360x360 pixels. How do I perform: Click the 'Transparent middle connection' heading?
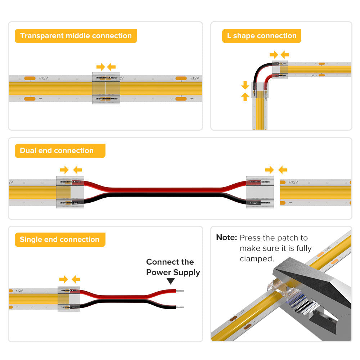(76, 36)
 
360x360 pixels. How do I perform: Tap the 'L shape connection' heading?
(262, 36)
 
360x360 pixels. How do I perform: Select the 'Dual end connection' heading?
(57, 150)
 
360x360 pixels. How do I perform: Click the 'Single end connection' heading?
(59, 240)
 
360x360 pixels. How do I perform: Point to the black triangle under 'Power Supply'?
(171, 281)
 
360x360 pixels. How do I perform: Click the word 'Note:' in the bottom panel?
(226, 238)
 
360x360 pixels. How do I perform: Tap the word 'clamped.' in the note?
(256, 259)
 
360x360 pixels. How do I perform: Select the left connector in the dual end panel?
(70, 192)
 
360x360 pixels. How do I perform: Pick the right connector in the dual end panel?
(260, 192)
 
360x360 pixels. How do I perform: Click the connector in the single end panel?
(69, 298)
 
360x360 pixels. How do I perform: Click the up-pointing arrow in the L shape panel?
(245, 96)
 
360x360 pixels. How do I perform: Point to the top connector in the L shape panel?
(280, 69)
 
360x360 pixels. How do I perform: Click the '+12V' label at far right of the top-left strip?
(194, 78)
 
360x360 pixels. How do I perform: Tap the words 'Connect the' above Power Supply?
(170, 262)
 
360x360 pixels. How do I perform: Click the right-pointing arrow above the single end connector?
(63, 279)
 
